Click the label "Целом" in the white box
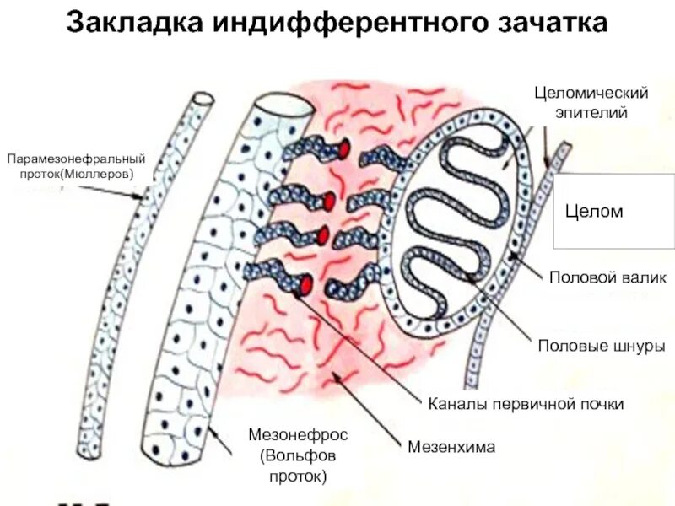(594, 212)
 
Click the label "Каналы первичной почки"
(526, 404)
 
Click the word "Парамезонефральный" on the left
(77, 159)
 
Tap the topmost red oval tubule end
(344, 149)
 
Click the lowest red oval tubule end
(305, 284)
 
